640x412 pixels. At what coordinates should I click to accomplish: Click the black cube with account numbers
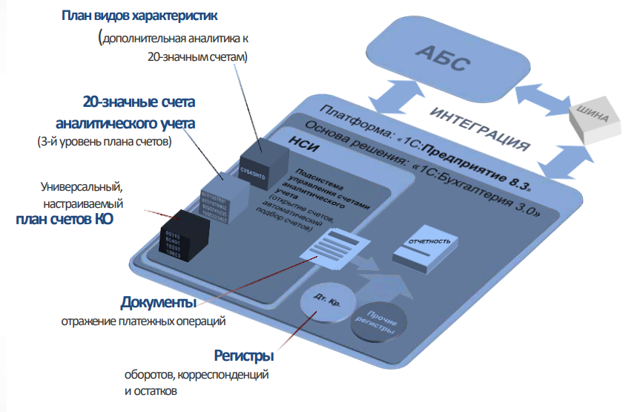[x=183, y=235]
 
